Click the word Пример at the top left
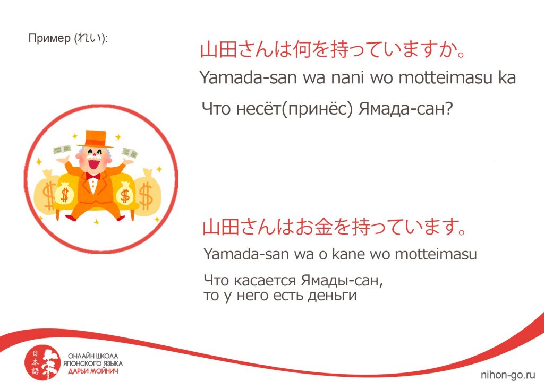[x=49, y=39]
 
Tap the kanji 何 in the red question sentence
[x=302, y=49]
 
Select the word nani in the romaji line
[x=347, y=77]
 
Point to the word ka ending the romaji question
[x=507, y=77]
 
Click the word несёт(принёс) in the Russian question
[x=294, y=109]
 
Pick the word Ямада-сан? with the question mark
[x=406, y=109]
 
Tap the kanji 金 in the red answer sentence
[x=324, y=228]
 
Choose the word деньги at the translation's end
[x=333, y=296]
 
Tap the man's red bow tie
[x=93, y=176]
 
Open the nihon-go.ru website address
[x=508, y=375]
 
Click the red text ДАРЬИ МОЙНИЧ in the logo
[x=93, y=371]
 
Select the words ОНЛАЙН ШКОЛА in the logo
[x=93, y=356]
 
